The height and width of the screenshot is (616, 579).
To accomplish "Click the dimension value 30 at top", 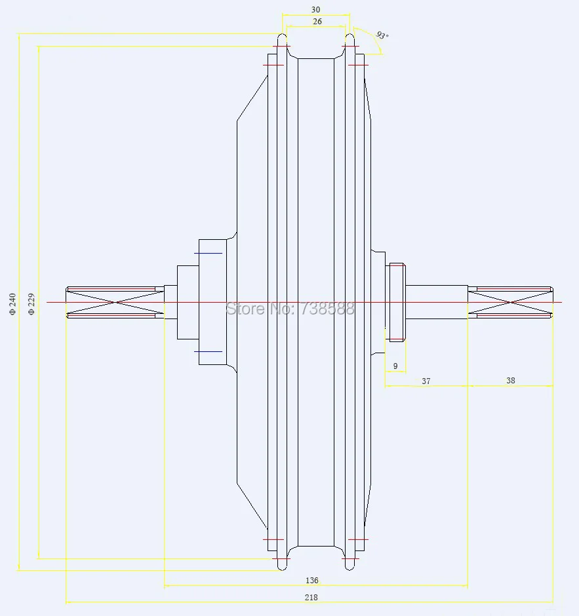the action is point(315,9).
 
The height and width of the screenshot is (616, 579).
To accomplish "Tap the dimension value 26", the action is point(317,22).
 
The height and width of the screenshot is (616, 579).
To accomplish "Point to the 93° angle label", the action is point(382,35).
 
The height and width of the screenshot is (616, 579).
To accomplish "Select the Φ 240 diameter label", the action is point(12,303).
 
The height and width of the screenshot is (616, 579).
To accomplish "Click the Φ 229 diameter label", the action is point(31,303).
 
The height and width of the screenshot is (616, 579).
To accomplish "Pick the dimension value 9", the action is point(395,366).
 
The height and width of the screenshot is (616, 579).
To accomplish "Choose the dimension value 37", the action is point(426,381).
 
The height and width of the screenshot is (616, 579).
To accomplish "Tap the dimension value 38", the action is point(511,380).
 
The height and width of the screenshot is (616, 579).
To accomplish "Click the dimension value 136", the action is point(311,580).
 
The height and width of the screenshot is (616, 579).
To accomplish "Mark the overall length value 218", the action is point(311,597).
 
